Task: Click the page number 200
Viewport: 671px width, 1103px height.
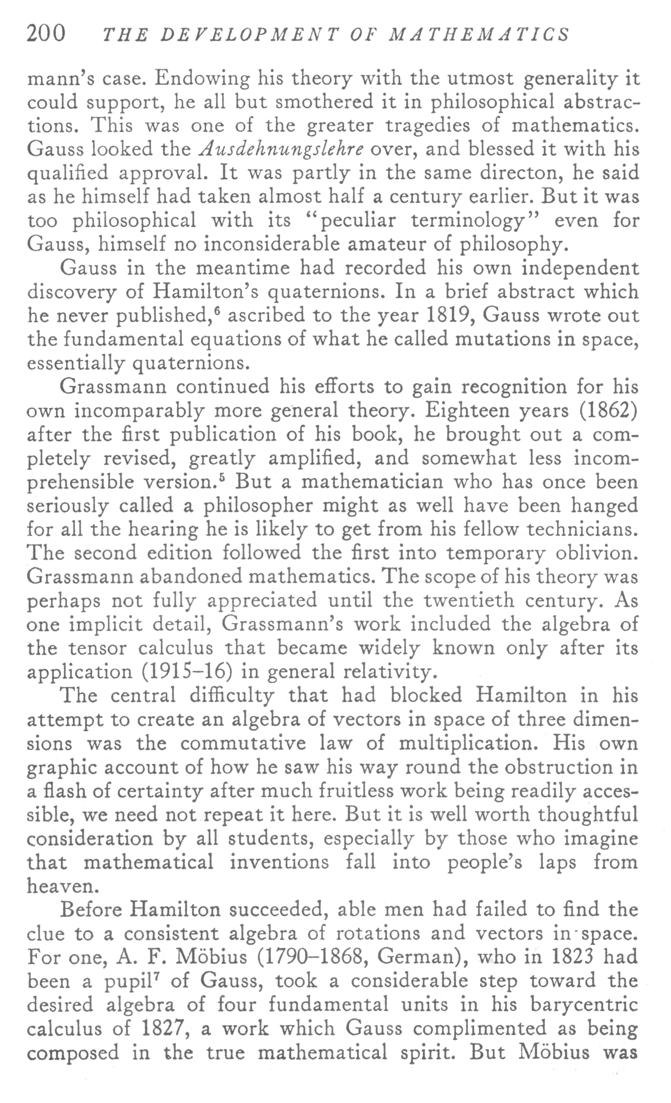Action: [46, 34]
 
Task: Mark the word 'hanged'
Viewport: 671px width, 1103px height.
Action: [605, 506]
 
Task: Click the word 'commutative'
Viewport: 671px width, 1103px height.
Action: [244, 743]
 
